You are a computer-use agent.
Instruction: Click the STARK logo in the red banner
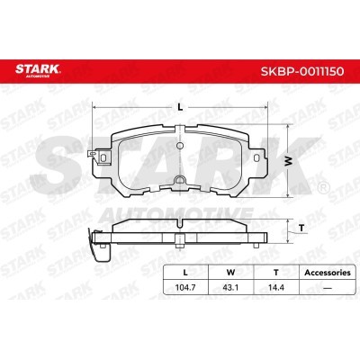pyautogui.click(x=38, y=71)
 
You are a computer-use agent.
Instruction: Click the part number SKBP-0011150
pyautogui.click(x=302, y=72)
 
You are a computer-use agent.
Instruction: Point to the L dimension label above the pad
pyautogui.click(x=180, y=107)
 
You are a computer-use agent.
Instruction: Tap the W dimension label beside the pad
pyautogui.click(x=288, y=161)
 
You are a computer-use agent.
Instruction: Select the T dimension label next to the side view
pyautogui.click(x=301, y=229)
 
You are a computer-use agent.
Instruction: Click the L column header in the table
pyautogui.click(x=185, y=273)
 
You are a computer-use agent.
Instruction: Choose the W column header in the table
pyautogui.click(x=230, y=273)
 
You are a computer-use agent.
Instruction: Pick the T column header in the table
pyautogui.click(x=276, y=273)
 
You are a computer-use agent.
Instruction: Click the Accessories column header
pyautogui.click(x=328, y=273)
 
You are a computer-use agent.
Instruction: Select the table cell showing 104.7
pyautogui.click(x=185, y=287)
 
